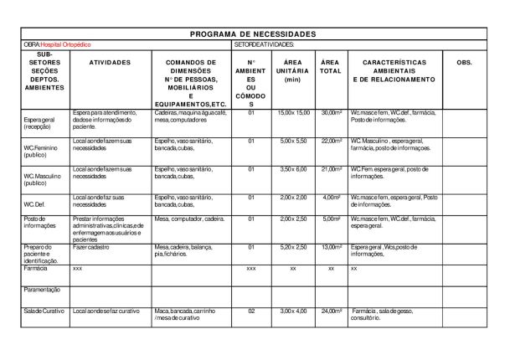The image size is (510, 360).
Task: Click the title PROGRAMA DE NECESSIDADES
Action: [253, 33]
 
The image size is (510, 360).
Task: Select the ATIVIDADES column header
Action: [109, 63]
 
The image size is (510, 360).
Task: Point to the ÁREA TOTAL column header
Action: [331, 67]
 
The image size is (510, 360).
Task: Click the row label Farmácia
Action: [36, 269]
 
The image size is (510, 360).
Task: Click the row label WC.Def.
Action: [34, 203]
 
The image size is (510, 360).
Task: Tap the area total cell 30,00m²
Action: [331, 112]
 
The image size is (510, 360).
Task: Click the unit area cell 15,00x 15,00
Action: [294, 112]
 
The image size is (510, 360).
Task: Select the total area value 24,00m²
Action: [331, 311]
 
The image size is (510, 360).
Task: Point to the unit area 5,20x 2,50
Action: [294, 247]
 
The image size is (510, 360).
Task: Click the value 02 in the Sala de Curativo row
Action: [251, 311]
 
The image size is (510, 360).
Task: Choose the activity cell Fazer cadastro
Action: [92, 247]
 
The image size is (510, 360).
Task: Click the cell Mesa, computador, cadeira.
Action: [190, 219]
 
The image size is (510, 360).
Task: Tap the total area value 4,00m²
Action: [332, 198]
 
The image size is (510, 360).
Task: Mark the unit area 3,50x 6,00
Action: [294, 169]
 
